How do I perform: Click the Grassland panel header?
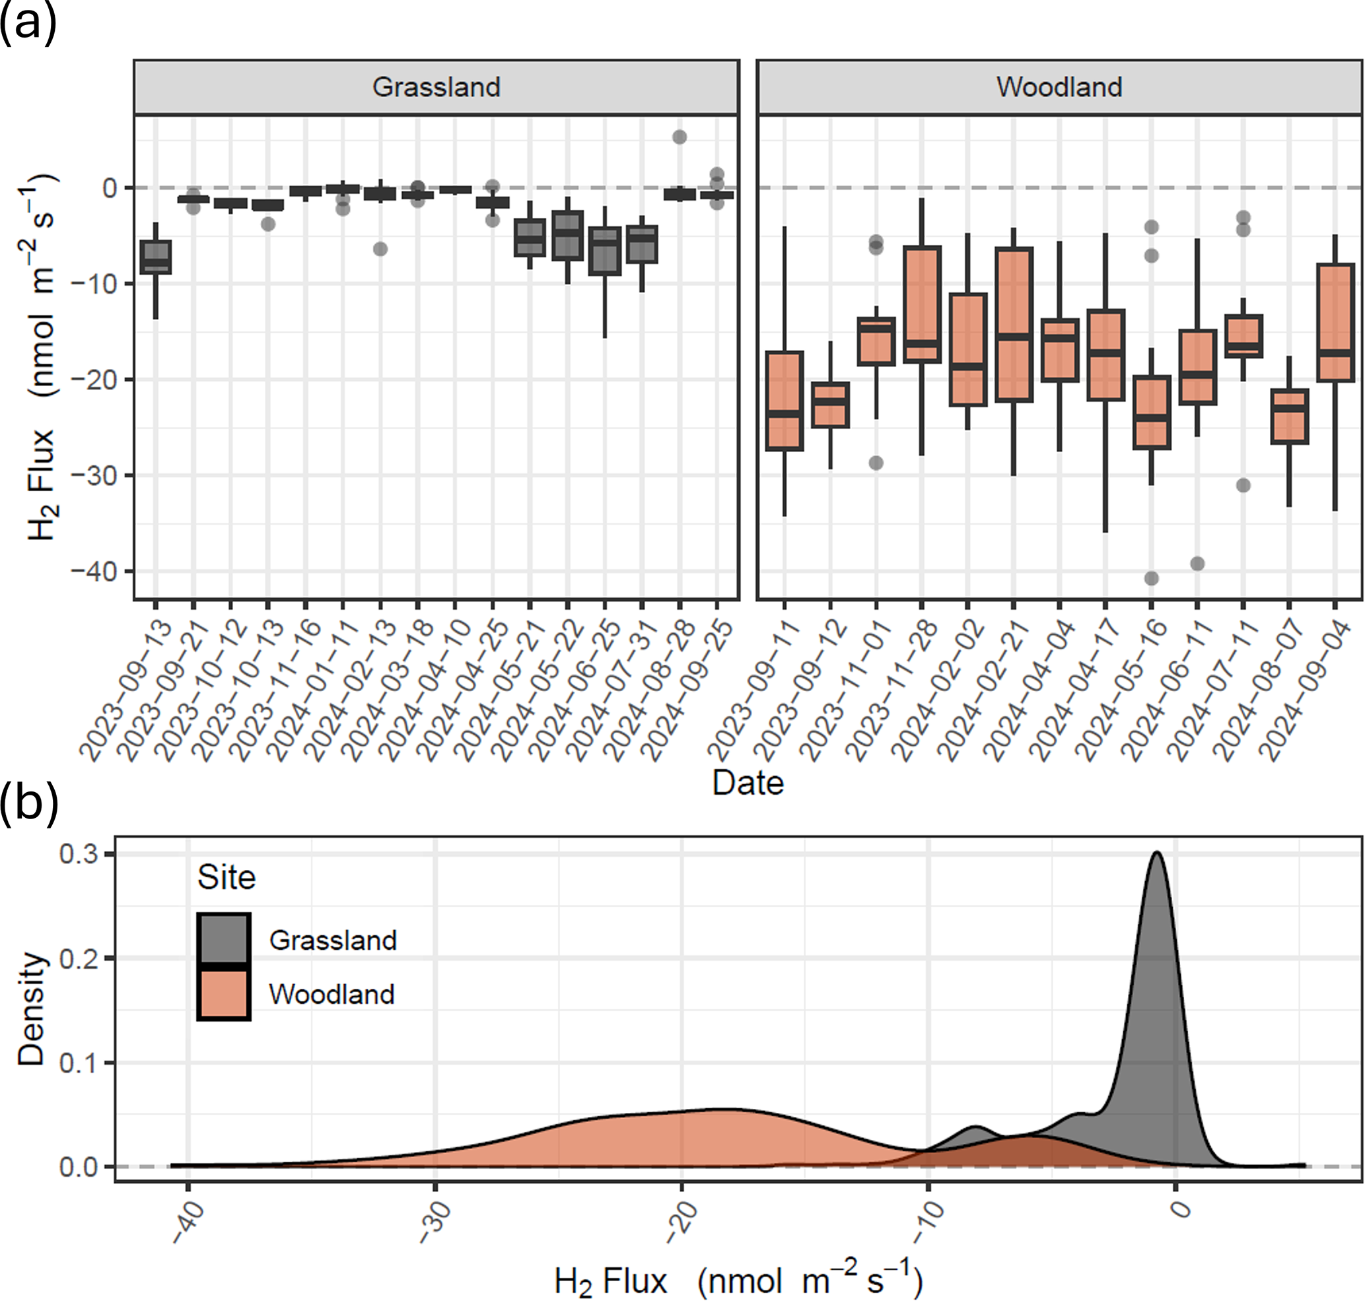(436, 86)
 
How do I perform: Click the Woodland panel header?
(1059, 86)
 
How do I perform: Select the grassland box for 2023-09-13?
(155, 257)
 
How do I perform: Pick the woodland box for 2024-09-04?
(1335, 323)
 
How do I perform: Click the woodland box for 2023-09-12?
(830, 405)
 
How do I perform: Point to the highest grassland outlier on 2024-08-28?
(680, 137)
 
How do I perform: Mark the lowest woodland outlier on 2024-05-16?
(1151, 578)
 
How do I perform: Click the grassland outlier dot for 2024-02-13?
(380, 249)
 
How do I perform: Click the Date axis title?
(748, 782)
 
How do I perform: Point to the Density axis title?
(31, 1010)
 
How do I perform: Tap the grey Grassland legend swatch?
(223, 939)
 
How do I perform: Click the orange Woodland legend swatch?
(223, 994)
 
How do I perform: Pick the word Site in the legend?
(227, 877)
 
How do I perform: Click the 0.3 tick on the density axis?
(79, 854)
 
